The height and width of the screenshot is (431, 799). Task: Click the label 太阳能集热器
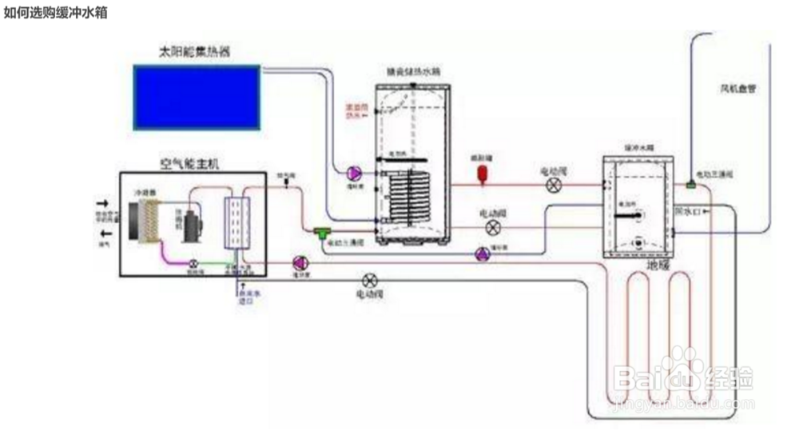coord(196,52)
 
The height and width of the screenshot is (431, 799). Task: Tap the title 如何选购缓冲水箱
coord(55,14)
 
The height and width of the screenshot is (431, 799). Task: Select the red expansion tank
coord(483,174)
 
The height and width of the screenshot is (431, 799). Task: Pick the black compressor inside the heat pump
coord(191,226)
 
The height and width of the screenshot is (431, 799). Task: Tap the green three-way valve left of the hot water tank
coord(324,232)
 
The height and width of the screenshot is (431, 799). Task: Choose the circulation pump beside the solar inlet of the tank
coord(352,172)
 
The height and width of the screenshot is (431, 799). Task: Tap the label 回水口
coord(688,213)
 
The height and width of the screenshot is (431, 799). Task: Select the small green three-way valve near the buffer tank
coord(690,186)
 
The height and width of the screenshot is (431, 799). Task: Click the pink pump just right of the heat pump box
coord(300,262)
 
